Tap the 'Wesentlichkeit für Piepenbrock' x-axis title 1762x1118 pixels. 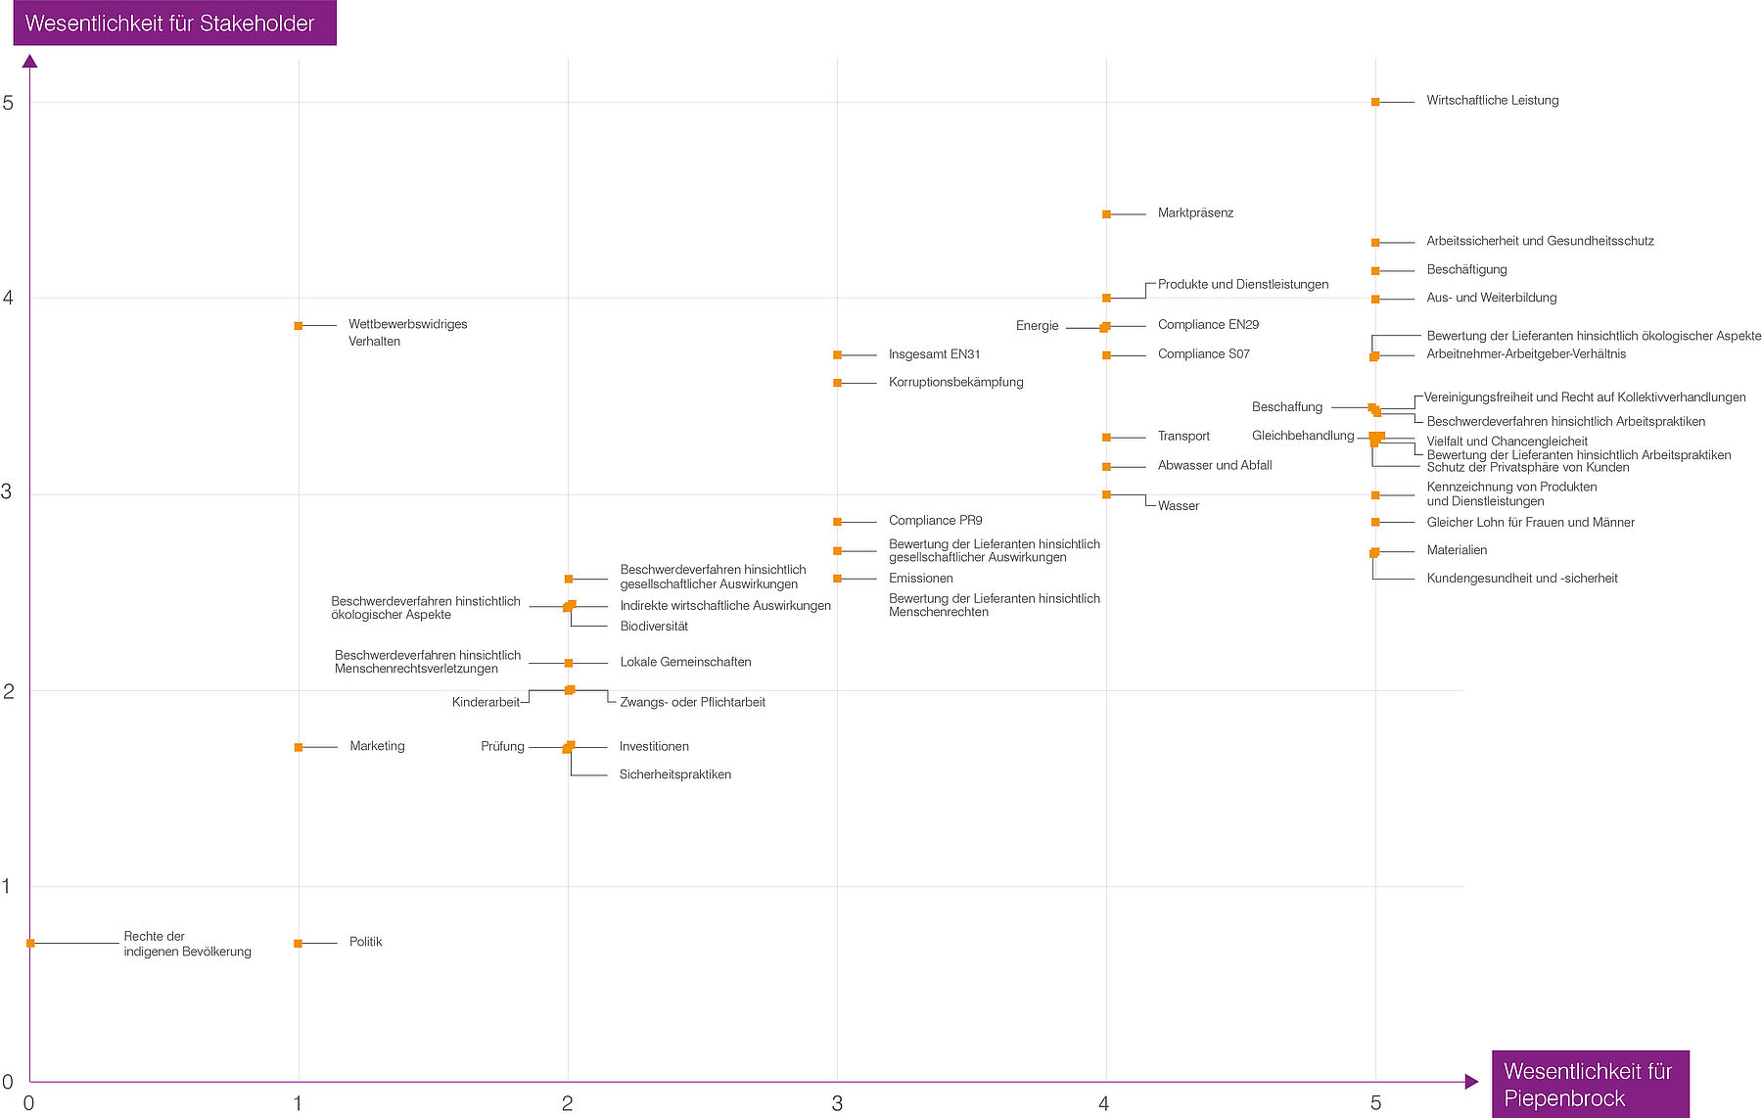pos(1588,1084)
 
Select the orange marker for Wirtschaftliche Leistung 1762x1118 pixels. pos(1375,102)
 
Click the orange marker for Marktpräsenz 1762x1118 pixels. pos(1106,214)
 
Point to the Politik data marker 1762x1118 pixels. pos(299,943)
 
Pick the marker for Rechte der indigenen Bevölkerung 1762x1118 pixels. pos(31,943)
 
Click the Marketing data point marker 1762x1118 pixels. pos(299,747)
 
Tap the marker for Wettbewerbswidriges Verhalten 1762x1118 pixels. pos(299,326)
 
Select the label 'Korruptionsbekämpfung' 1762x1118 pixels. pos(955,382)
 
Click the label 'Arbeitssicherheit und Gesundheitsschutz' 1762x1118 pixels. pos(1539,241)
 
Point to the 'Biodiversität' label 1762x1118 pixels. pos(653,627)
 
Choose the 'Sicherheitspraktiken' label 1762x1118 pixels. pos(674,774)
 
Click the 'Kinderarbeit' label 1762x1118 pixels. pos(486,702)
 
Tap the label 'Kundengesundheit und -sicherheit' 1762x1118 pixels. pos(1521,579)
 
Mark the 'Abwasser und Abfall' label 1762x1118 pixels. pos(1214,465)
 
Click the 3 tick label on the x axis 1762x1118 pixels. pos(837,1104)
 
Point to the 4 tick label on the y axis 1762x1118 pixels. pos(9,298)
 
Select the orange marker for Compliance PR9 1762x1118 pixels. pos(837,522)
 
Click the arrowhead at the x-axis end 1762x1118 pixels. pos(1471,1082)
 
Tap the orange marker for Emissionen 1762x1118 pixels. pos(837,579)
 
